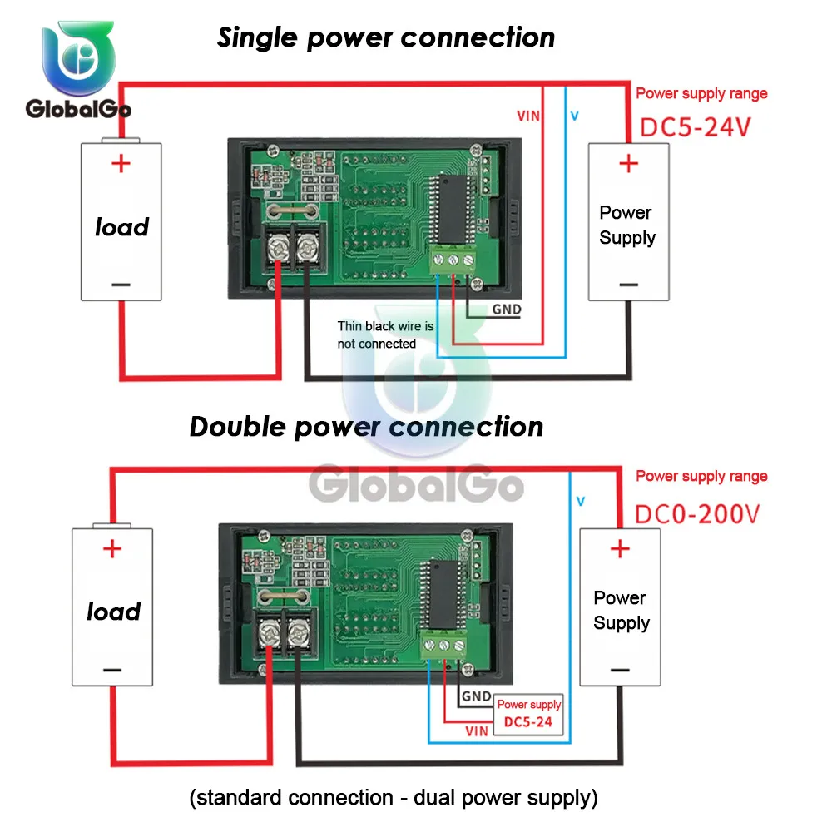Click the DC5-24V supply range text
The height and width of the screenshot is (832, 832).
696,128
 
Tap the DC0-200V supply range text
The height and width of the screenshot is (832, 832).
697,514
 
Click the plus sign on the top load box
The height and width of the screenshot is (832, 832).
121,163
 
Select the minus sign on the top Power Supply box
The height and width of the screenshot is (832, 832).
629,285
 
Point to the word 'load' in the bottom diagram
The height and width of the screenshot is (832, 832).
113,612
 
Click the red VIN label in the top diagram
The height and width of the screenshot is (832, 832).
528,116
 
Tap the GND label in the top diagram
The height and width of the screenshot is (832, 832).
507,310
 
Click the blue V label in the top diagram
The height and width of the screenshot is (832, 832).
575,116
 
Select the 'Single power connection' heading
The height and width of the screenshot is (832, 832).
386,37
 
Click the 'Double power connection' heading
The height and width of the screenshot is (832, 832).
366,427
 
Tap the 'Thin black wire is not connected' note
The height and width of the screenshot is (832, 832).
385,334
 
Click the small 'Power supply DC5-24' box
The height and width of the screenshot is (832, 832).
528,714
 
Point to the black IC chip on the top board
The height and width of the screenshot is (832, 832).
453,209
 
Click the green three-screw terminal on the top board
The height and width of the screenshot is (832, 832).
453,260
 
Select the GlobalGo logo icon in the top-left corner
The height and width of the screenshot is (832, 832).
78,57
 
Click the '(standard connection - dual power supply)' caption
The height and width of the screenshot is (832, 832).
394,798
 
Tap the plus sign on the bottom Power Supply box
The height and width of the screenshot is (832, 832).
620,548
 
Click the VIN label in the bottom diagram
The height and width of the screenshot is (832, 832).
477,731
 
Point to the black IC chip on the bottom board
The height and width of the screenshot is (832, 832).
443,594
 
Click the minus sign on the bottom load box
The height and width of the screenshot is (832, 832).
112,670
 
